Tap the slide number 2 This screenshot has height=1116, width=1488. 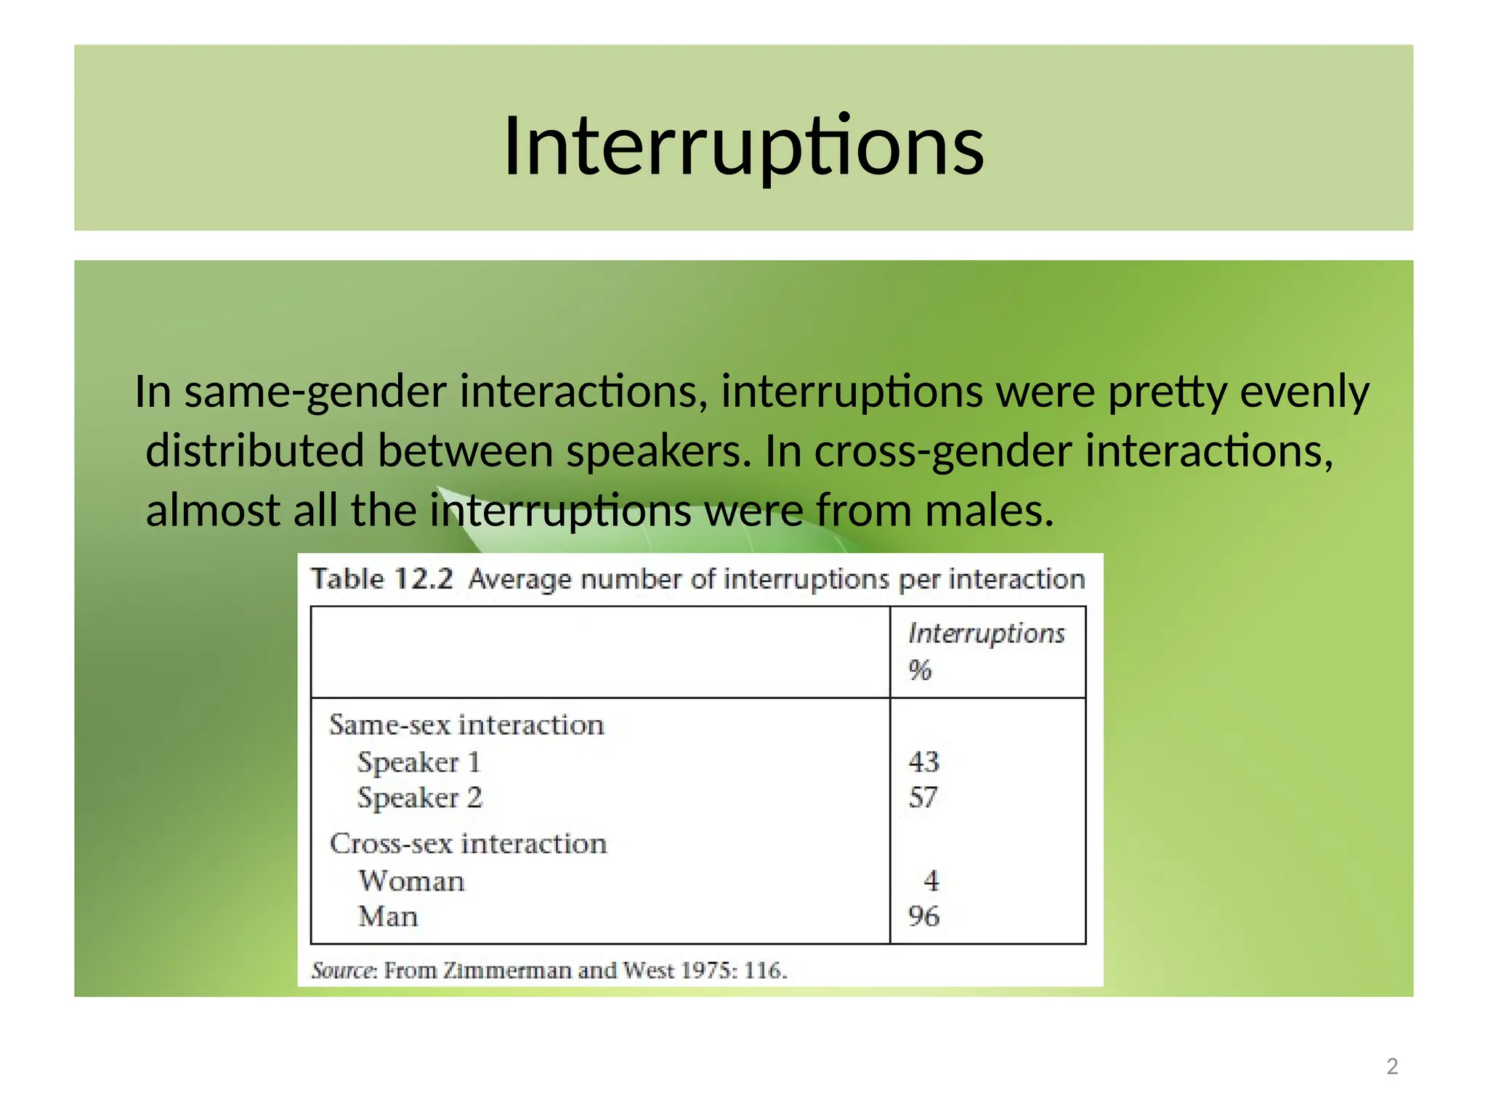[x=1391, y=1066]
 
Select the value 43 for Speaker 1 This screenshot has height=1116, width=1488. [x=923, y=761]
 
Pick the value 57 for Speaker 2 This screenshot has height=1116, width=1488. [x=923, y=798]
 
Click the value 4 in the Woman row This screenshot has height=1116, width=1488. [x=931, y=881]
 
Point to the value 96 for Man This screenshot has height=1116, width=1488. [x=923, y=916]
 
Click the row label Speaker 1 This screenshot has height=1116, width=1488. [x=418, y=762]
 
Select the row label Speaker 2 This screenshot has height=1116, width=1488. [x=419, y=798]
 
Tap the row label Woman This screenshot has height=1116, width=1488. [x=411, y=881]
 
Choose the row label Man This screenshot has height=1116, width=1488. [x=388, y=917]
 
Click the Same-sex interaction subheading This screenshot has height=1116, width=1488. [x=466, y=725]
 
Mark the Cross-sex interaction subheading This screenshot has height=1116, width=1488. [x=468, y=844]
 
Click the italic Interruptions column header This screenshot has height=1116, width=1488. [x=986, y=634]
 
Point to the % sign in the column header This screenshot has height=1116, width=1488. [x=919, y=670]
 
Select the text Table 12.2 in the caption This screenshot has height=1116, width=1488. [x=381, y=579]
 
